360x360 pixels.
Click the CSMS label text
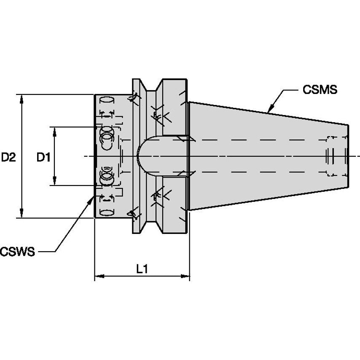pyautogui.click(x=320, y=90)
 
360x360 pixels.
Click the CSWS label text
pyautogui.click(x=18, y=252)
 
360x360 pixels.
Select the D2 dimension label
pyautogui.click(x=8, y=158)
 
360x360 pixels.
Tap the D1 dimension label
pyautogui.click(x=43, y=158)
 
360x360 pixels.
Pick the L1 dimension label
pyautogui.click(x=142, y=269)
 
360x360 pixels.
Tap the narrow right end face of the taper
pyautogui.click(x=349, y=156)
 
